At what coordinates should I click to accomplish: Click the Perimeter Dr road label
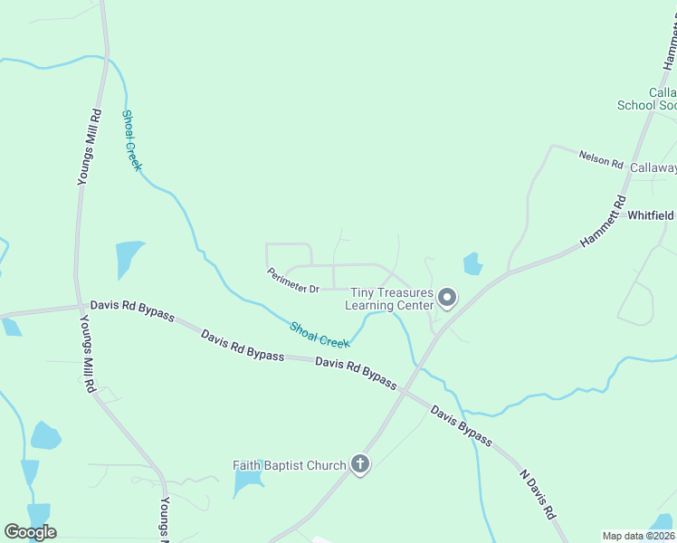[x=293, y=281]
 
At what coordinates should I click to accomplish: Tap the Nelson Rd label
[x=602, y=158]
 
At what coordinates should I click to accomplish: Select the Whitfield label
[x=652, y=215]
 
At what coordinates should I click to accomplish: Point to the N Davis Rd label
[x=537, y=493]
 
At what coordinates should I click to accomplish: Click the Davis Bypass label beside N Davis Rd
[x=462, y=426]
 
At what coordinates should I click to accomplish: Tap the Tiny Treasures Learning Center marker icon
[x=446, y=297]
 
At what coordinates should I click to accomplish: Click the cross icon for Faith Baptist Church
[x=360, y=465]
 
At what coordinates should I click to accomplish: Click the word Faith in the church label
[x=248, y=465]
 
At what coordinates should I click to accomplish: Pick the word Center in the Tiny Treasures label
[x=416, y=305]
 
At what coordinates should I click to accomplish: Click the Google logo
[x=30, y=532]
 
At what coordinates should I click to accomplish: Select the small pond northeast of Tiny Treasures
[x=472, y=263]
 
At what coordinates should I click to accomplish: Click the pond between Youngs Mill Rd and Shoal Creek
[x=129, y=259]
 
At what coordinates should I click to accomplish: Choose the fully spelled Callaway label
[x=653, y=167]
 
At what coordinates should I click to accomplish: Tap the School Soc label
[x=646, y=105]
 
